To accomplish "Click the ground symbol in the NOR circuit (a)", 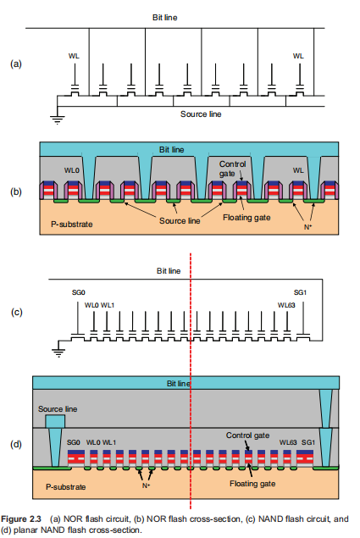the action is pyautogui.click(x=58, y=120).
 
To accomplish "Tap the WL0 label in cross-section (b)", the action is pyautogui.click(x=72, y=170).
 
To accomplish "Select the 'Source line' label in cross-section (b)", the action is pyautogui.click(x=180, y=220).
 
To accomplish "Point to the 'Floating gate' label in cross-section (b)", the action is pyautogui.click(x=246, y=218).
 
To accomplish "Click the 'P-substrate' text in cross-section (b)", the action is pyautogui.click(x=72, y=224).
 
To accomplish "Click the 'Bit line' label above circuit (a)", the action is pyautogui.click(x=164, y=18).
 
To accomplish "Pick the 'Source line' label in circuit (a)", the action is pyautogui.click(x=201, y=114).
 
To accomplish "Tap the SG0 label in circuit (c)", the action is pyautogui.click(x=78, y=292).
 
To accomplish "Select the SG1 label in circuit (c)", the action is pyautogui.click(x=300, y=292).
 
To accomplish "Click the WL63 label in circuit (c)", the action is pyautogui.click(x=286, y=305).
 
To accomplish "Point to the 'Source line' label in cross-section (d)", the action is pyautogui.click(x=58, y=409).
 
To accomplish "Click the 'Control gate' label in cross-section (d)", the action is pyautogui.click(x=247, y=435).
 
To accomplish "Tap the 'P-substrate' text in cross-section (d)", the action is pyautogui.click(x=65, y=487).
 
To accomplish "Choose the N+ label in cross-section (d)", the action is pyautogui.click(x=146, y=485).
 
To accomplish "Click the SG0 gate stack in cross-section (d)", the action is pyautogui.click(x=76, y=457).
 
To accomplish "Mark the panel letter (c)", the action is pyautogui.click(x=16, y=312).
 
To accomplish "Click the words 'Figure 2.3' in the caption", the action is pyautogui.click(x=21, y=519).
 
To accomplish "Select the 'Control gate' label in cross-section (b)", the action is pyautogui.click(x=232, y=169).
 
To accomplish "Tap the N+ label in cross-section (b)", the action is pyautogui.click(x=307, y=227).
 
